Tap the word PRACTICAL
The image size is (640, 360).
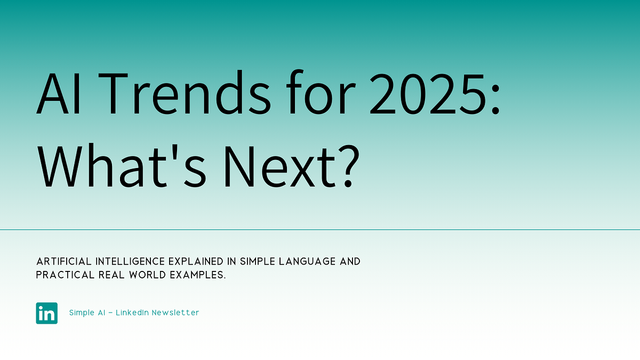click(63, 276)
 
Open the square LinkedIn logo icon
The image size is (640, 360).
click(47, 313)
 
